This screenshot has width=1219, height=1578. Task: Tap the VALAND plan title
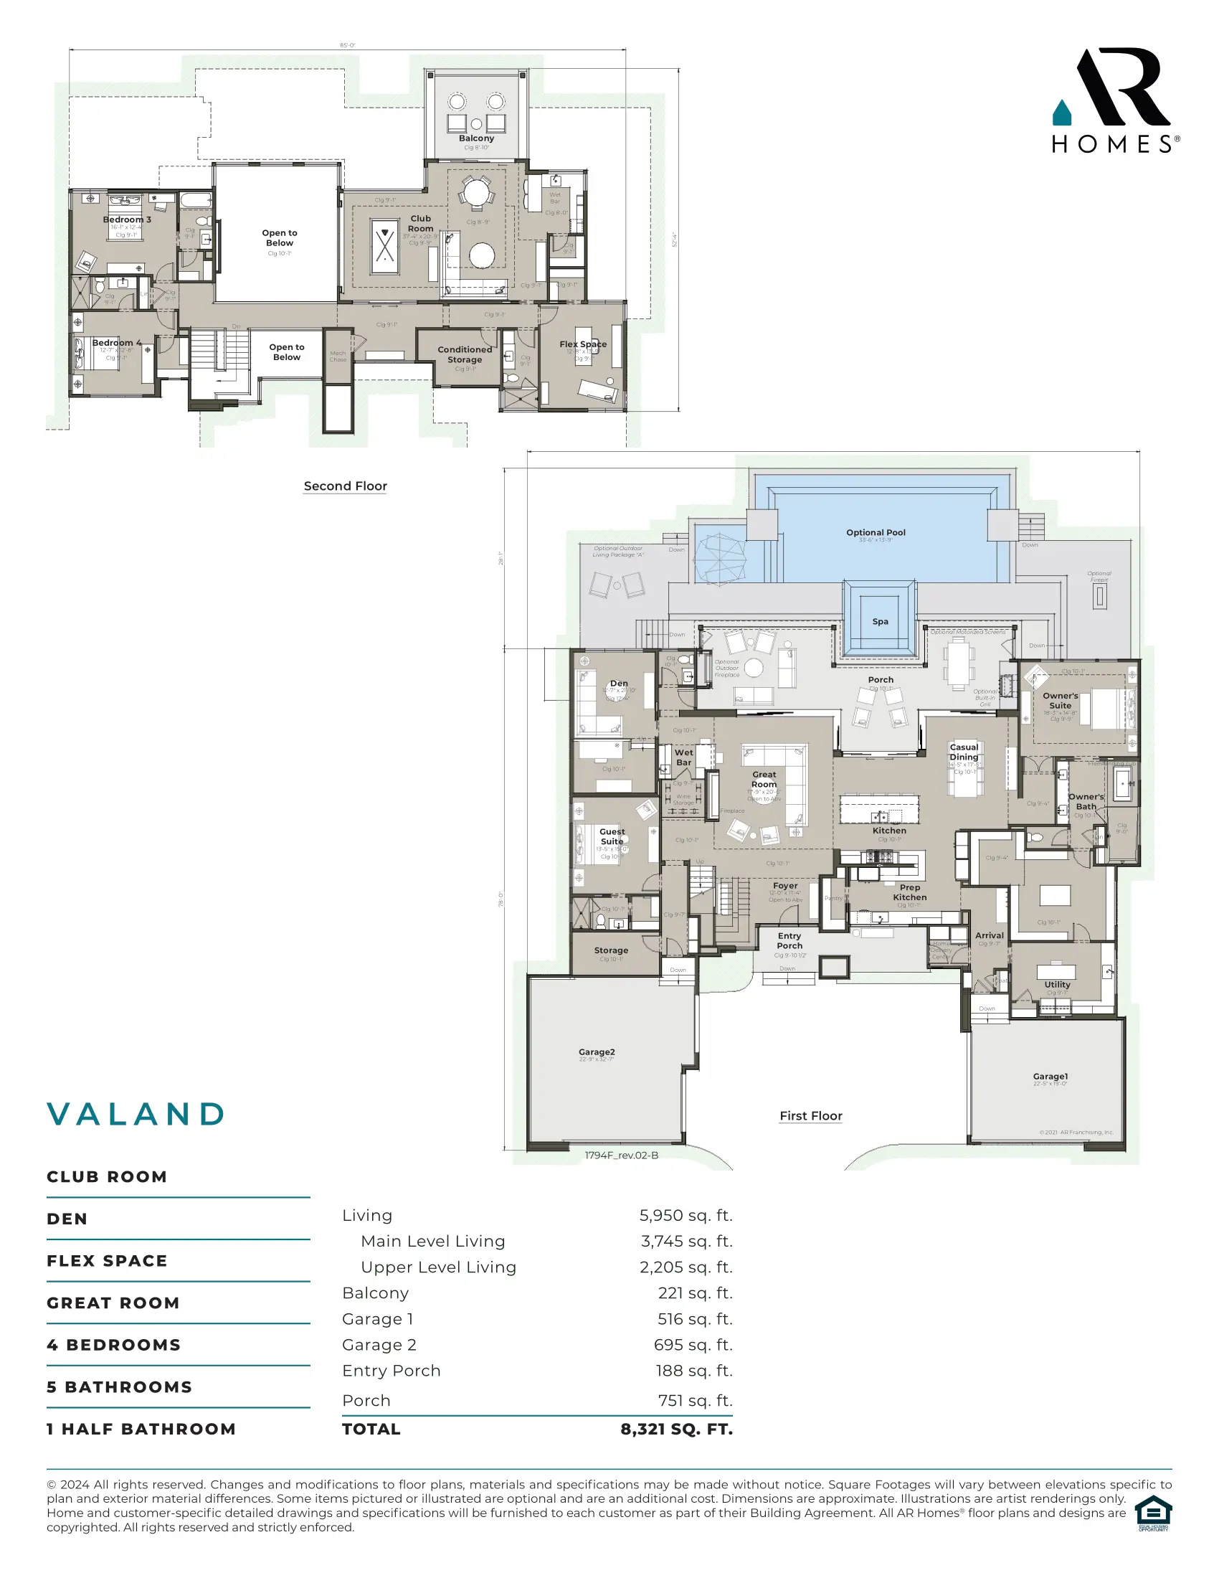point(136,1114)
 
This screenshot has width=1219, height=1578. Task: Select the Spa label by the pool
point(880,621)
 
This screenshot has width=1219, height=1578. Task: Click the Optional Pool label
point(876,532)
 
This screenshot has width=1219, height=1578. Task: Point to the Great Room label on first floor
point(764,779)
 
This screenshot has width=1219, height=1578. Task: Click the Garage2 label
point(597,1052)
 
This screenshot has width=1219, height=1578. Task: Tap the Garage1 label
point(1050,1077)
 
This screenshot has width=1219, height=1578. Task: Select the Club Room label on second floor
point(420,223)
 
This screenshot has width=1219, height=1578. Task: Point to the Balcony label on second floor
point(477,138)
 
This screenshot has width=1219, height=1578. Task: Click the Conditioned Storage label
point(465,354)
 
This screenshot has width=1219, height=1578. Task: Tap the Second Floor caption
point(345,486)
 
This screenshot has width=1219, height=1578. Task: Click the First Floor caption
point(810,1115)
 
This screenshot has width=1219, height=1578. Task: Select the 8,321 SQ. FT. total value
point(676,1429)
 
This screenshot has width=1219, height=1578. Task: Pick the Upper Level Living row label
point(438,1267)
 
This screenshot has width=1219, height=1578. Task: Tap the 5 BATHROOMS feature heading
point(120,1387)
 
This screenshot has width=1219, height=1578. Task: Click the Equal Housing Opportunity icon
point(1152,1513)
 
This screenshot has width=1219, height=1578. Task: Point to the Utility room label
point(1056,985)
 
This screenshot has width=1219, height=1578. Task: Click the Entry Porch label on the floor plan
point(789,941)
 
